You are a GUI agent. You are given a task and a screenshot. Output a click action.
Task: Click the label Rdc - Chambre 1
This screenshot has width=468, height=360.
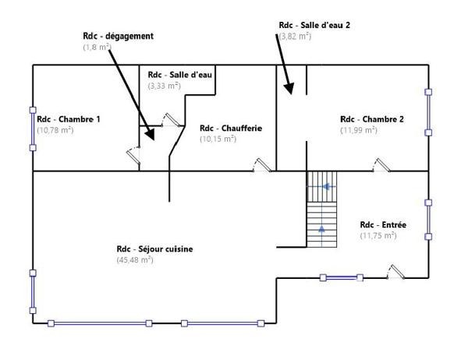pos(69,119)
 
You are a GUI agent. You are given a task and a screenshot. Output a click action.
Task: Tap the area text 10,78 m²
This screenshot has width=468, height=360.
pos(55,130)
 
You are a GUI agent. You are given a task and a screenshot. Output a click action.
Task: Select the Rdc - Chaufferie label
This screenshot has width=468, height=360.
pos(231,129)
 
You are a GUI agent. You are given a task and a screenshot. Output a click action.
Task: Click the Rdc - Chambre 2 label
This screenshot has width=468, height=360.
pos(372,119)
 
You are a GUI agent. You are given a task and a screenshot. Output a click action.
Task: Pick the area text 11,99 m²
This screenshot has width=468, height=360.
pos(358,130)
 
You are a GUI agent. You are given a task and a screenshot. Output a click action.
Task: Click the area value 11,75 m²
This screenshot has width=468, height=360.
pos(378,235)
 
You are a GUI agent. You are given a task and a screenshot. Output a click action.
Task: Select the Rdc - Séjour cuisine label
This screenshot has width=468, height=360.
pos(154,249)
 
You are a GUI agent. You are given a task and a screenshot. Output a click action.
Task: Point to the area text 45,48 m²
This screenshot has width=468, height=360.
pos(135,260)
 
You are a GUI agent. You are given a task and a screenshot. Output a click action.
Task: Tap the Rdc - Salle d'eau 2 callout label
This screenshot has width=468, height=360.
pos(314,25)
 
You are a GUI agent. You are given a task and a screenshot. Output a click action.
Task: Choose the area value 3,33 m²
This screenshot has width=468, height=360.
pos(164,86)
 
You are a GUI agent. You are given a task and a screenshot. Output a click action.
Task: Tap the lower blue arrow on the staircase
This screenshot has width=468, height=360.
pos(322,229)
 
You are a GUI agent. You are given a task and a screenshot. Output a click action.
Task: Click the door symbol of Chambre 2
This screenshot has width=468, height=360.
pos(381,164)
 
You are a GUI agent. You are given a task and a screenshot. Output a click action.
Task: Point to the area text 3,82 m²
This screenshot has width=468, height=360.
pos(295,36)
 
